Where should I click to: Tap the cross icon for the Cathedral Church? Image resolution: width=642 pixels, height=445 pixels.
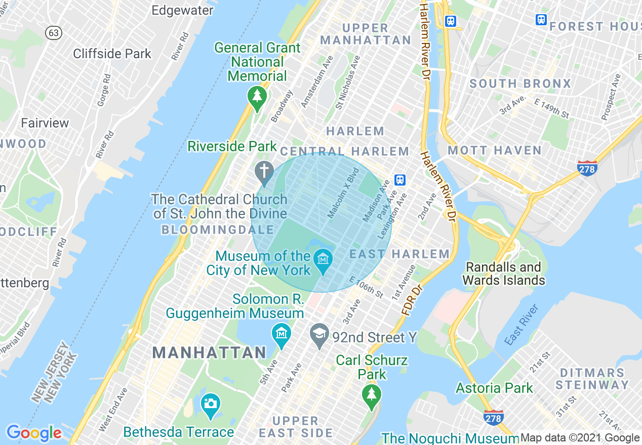click(264, 171)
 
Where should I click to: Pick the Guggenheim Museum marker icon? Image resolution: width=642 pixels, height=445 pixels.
click(281, 334)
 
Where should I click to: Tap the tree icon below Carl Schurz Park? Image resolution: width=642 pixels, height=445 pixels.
click(372, 393)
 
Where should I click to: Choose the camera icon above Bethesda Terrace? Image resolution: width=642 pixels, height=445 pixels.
click(211, 404)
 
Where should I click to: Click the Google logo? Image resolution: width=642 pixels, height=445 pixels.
click(34, 433)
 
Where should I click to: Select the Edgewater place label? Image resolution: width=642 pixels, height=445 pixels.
click(182, 10)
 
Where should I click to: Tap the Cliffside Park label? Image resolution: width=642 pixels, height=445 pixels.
click(112, 54)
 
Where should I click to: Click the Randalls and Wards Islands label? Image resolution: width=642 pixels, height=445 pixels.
click(503, 274)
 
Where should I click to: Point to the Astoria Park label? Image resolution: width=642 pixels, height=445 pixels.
click(494, 388)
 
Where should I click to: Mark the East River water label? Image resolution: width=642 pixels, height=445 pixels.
click(521, 325)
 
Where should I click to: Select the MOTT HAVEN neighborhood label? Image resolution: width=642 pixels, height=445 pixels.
click(495, 150)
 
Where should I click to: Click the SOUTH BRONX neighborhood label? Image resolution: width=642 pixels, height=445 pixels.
click(520, 83)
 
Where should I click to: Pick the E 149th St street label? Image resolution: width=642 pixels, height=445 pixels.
click(551, 108)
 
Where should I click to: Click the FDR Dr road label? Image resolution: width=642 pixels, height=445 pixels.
click(412, 302)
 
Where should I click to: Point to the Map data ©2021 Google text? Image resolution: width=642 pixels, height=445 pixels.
click(580, 438)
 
